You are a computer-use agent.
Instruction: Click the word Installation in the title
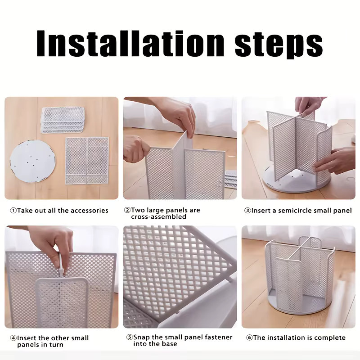pyautogui.click(x=130, y=43)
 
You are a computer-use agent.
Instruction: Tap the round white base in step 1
pyautogui.click(x=32, y=161)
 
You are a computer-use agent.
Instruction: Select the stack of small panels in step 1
pyautogui.click(x=63, y=120)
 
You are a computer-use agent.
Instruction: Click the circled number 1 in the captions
pyautogui.click(x=13, y=211)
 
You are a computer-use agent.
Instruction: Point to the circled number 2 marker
pyautogui.click(x=127, y=210)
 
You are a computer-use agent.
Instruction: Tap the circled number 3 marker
pyautogui.click(x=247, y=211)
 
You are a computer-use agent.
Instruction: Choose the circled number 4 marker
pyautogui.click(x=13, y=338)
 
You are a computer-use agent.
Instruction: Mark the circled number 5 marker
pyautogui.click(x=130, y=337)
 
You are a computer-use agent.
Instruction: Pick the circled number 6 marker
pyautogui.click(x=249, y=337)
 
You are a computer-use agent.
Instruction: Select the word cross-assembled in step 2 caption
pyautogui.click(x=159, y=217)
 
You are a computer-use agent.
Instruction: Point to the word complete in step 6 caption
pyautogui.click(x=330, y=337)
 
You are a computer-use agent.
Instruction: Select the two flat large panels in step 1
pyautogui.click(x=87, y=161)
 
